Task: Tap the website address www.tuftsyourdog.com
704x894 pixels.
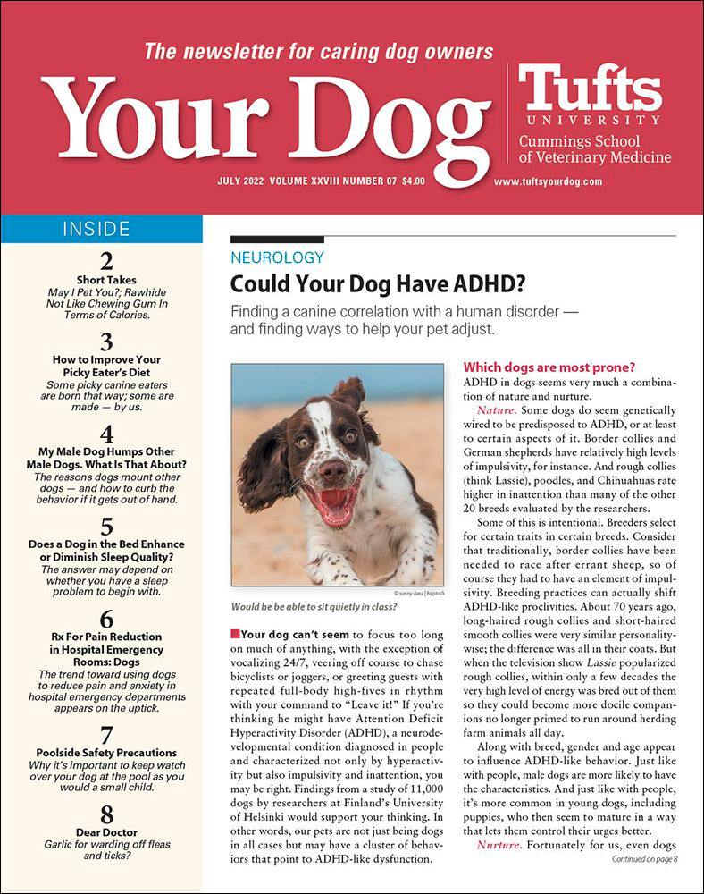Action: tap(548, 181)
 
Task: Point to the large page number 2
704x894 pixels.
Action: tap(105, 261)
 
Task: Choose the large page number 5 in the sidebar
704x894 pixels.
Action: tap(105, 525)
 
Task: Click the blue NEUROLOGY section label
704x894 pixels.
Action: tap(277, 257)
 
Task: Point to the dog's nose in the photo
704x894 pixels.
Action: tap(331, 470)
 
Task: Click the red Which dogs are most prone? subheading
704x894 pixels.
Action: tap(548, 367)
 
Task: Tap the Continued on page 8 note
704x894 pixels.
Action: tap(644, 859)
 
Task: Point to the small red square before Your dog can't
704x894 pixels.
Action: tap(235, 634)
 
